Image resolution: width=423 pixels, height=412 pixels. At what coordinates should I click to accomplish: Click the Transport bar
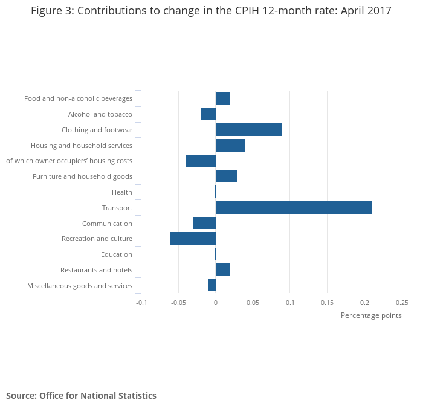point(293,207)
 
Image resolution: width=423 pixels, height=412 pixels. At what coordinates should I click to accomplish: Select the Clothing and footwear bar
point(248,130)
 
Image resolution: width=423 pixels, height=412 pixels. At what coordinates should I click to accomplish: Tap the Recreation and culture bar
point(193,239)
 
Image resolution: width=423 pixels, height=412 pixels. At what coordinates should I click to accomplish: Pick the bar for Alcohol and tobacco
point(208,114)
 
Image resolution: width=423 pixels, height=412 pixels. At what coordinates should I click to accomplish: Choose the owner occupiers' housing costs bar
point(200,161)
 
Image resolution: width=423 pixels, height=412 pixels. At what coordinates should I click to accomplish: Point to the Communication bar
point(204,223)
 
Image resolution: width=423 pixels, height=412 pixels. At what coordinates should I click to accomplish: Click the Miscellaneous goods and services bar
point(211,285)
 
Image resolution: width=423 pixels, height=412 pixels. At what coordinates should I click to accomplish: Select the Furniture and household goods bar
point(226,176)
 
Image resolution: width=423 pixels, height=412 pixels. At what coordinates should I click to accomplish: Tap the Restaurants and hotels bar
point(222,270)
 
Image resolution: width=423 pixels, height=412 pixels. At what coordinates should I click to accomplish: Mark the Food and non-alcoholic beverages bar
point(222,98)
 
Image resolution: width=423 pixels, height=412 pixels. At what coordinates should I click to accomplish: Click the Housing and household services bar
point(230,145)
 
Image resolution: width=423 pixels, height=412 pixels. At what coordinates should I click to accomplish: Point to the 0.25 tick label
point(402,303)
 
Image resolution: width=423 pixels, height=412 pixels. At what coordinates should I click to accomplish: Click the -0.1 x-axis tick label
point(141,303)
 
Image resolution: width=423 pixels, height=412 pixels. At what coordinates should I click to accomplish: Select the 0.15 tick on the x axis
point(327,303)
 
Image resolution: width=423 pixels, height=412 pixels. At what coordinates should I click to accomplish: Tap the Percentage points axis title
point(370,315)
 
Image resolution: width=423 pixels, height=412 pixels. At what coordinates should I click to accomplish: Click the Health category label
point(121,192)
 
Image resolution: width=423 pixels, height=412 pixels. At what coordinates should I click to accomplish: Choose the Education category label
point(116,254)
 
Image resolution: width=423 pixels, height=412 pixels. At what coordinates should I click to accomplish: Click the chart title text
point(211,11)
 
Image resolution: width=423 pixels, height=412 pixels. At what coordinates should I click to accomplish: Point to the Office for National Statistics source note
point(81,396)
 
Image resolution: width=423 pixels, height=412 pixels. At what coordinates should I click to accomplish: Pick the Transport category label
point(117,208)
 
